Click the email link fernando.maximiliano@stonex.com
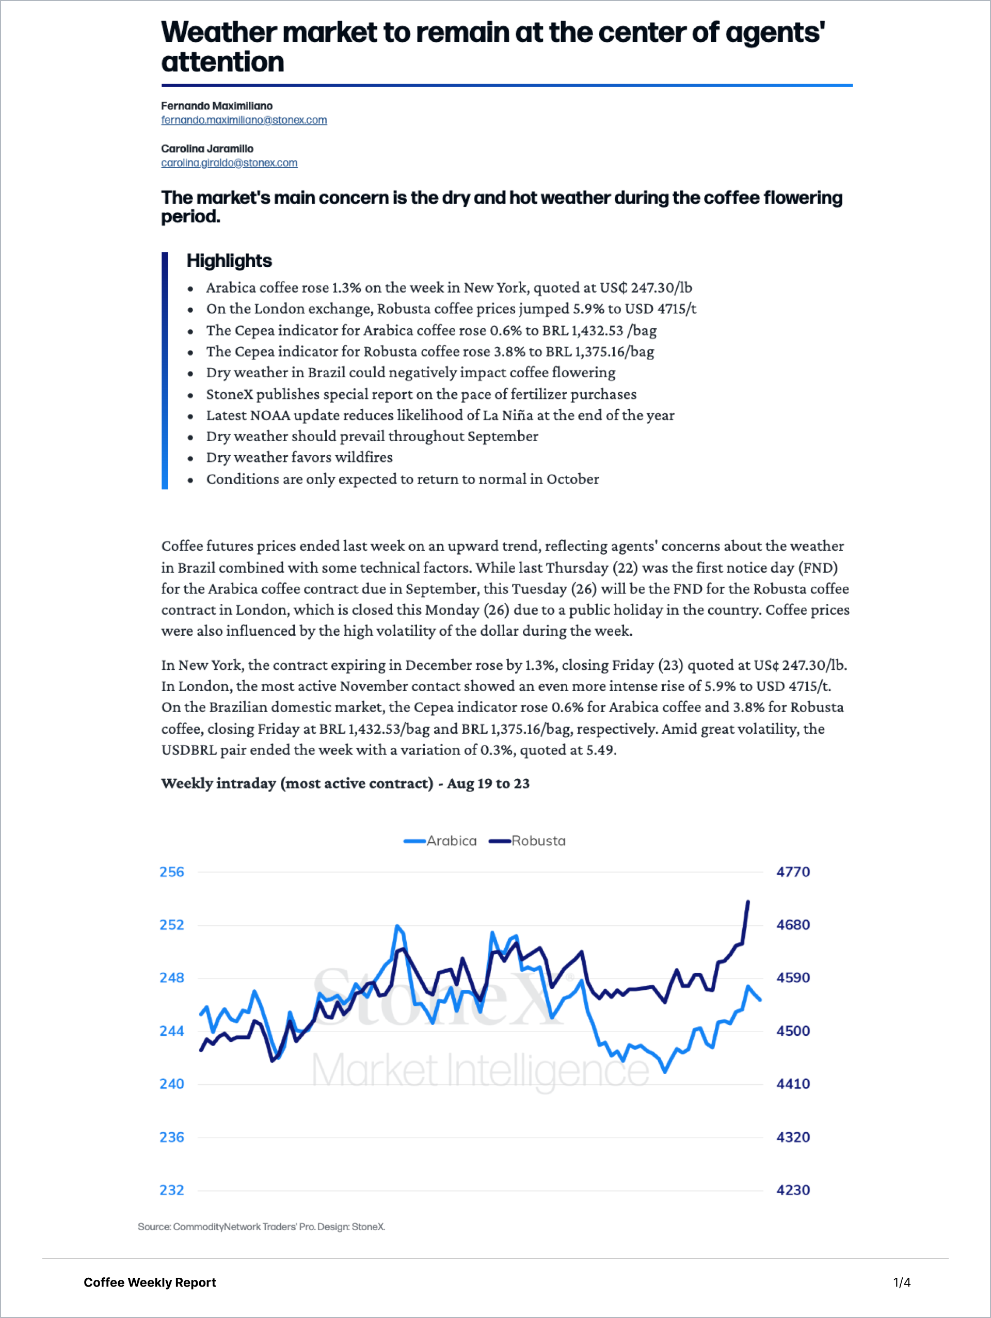click(x=244, y=120)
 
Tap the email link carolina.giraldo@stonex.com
click(x=229, y=163)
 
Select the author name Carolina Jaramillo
click(x=207, y=148)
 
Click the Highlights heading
click(x=229, y=261)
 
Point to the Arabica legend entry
click(x=440, y=841)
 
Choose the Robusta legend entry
click(x=528, y=841)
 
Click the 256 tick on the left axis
click(x=172, y=872)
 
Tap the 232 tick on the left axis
click(x=172, y=1190)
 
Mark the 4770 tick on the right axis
click(x=793, y=872)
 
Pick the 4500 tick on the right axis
click(x=793, y=1031)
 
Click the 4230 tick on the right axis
click(x=793, y=1190)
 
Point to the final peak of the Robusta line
click(x=748, y=902)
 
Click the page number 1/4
click(x=902, y=1282)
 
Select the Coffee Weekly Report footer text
click(x=150, y=1282)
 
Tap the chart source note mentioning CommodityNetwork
click(x=261, y=1227)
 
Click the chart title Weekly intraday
click(x=345, y=783)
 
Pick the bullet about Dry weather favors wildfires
click(x=299, y=458)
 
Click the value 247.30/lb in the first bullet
click(x=662, y=288)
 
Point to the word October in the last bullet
click(x=573, y=479)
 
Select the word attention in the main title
click(x=222, y=62)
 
